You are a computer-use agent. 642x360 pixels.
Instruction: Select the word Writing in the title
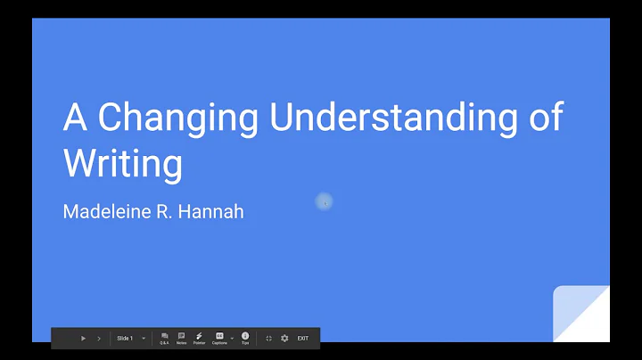(122, 163)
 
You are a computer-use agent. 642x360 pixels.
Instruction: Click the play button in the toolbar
(83, 339)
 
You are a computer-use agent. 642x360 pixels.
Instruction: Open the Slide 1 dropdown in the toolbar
(144, 339)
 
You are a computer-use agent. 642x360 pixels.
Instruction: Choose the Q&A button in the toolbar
(165, 339)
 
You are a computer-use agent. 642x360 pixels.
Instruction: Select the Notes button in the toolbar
(181, 339)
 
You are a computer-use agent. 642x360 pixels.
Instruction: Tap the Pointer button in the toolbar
(199, 339)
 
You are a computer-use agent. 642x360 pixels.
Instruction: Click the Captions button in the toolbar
(219, 339)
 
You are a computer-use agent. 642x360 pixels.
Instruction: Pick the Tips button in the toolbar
(245, 339)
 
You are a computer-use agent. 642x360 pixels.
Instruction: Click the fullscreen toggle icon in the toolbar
(268, 339)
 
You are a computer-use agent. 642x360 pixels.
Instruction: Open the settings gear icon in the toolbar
(284, 339)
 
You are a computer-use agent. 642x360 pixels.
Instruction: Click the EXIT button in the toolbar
(303, 339)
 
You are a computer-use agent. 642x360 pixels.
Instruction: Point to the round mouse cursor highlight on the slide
(325, 203)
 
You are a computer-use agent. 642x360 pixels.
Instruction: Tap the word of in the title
(545, 118)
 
